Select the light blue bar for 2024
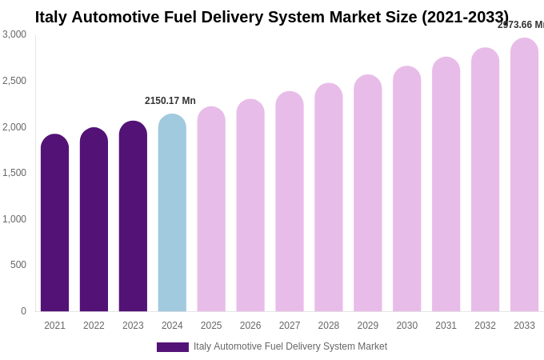point(172,213)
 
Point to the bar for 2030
point(407,189)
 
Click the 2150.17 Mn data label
point(170,101)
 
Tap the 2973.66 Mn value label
point(521,25)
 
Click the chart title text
point(272,17)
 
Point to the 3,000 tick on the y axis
point(14,34)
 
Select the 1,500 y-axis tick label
point(14,173)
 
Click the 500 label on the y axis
point(18,265)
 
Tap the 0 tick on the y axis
point(23,311)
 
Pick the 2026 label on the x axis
point(250,326)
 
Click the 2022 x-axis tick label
point(94,326)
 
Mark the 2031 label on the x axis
point(446,326)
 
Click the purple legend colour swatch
point(173,347)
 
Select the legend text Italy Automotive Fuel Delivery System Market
point(290,346)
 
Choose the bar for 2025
point(211,209)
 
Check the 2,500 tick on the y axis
point(14,81)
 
